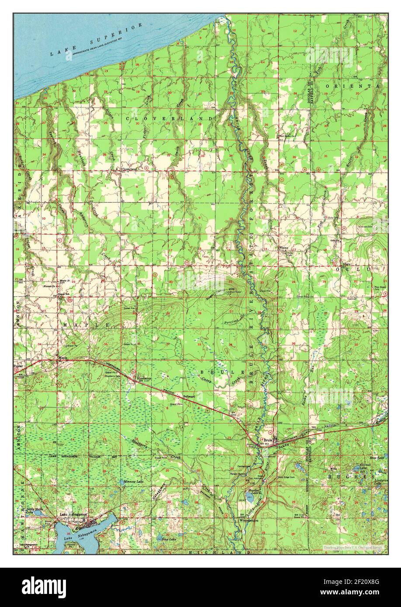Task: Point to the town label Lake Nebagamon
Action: click(75, 514)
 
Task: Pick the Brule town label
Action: click(267, 440)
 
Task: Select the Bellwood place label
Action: click(189, 396)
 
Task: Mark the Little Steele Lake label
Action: click(35, 510)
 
